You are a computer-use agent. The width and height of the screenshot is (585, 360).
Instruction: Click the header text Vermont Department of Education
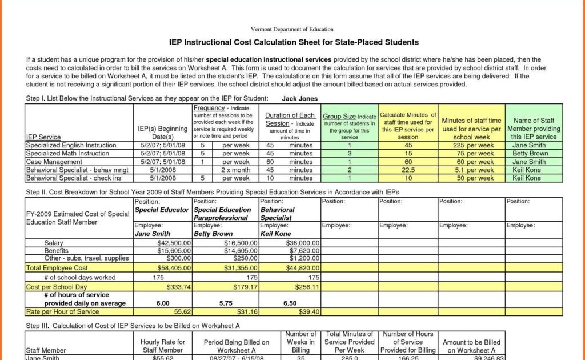(292, 29)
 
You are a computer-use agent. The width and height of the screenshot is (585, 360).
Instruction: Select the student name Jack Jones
(300, 99)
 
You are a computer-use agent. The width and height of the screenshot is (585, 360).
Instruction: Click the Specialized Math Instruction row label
(67, 154)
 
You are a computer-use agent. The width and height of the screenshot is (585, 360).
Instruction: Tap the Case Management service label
(51, 162)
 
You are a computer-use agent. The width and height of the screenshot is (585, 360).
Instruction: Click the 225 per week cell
(476, 145)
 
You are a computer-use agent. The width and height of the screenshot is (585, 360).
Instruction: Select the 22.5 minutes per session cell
(408, 170)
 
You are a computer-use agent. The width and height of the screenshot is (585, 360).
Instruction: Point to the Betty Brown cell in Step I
(530, 154)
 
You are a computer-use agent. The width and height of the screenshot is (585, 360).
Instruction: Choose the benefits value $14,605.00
(240, 251)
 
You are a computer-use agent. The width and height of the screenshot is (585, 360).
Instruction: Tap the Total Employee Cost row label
(57, 268)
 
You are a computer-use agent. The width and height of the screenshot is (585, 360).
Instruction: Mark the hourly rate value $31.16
(246, 312)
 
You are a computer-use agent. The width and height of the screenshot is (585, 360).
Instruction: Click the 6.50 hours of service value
(290, 303)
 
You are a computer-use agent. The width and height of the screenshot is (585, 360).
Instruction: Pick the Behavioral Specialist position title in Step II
(277, 214)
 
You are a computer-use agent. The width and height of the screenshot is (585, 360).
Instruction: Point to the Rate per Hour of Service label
(62, 312)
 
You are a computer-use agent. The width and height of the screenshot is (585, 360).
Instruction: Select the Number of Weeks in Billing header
(300, 342)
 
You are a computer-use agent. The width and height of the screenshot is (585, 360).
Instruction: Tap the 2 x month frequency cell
(235, 170)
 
